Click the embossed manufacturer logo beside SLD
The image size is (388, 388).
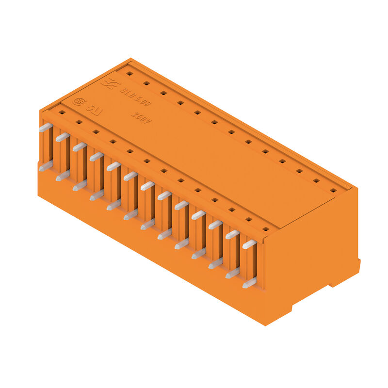(110, 83)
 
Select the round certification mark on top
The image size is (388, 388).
(77, 101)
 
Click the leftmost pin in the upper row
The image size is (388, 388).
(46, 128)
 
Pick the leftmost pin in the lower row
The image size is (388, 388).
(46, 166)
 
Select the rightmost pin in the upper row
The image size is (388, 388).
(249, 244)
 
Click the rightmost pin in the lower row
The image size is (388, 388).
(249, 283)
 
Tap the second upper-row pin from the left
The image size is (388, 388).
(63, 137)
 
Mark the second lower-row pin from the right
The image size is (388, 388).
(232, 273)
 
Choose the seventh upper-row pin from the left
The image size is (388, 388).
(147, 186)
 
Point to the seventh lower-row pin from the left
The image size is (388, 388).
(147, 225)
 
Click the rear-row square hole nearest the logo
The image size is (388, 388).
(129, 74)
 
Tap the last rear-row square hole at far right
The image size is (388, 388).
(333, 190)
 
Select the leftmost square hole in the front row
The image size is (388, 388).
(62, 112)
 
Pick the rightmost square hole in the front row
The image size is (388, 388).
(265, 228)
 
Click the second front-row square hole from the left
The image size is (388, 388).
(79, 122)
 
